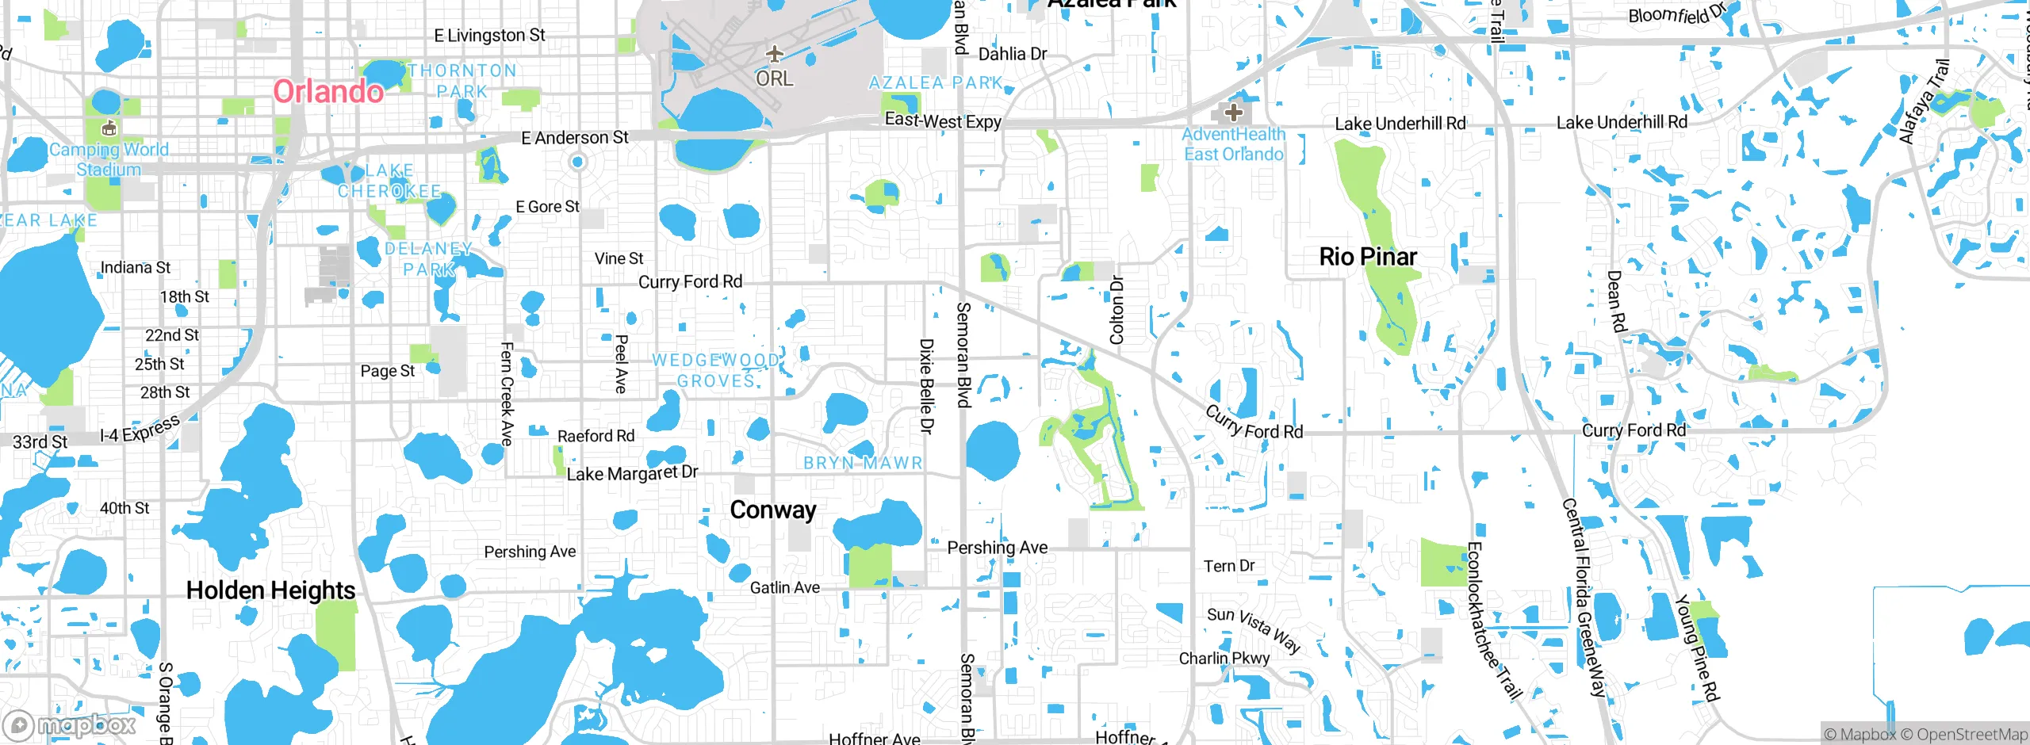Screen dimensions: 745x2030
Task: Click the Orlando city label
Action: pyautogui.click(x=328, y=92)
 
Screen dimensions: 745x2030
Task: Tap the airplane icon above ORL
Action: pyautogui.click(x=774, y=54)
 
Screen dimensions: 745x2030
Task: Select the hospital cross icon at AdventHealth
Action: pyautogui.click(x=1233, y=112)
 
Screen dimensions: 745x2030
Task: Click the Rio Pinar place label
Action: pyautogui.click(x=1368, y=257)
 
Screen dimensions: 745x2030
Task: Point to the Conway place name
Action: pyautogui.click(x=773, y=510)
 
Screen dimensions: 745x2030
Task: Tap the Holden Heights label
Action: pyautogui.click(x=270, y=590)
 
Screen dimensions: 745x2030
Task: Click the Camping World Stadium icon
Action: pyautogui.click(x=109, y=128)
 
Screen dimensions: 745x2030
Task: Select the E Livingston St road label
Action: pyautogui.click(x=489, y=36)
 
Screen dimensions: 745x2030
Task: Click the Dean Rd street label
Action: pyautogui.click(x=1616, y=301)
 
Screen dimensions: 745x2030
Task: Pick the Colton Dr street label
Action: pyautogui.click(x=1116, y=310)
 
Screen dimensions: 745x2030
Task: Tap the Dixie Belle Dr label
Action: pyautogui.click(x=926, y=386)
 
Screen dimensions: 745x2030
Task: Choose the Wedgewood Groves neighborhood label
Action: pyautogui.click(x=716, y=370)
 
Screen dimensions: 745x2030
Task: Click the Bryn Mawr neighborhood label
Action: pyautogui.click(x=863, y=463)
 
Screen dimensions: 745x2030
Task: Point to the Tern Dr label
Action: pyautogui.click(x=1229, y=566)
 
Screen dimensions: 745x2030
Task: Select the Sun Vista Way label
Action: pyautogui.click(x=1254, y=629)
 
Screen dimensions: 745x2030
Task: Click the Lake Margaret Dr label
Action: pyautogui.click(x=632, y=473)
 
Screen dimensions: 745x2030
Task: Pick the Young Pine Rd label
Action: pyautogui.click(x=1697, y=648)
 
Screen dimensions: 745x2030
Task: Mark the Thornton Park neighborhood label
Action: pyautogui.click(x=462, y=81)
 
